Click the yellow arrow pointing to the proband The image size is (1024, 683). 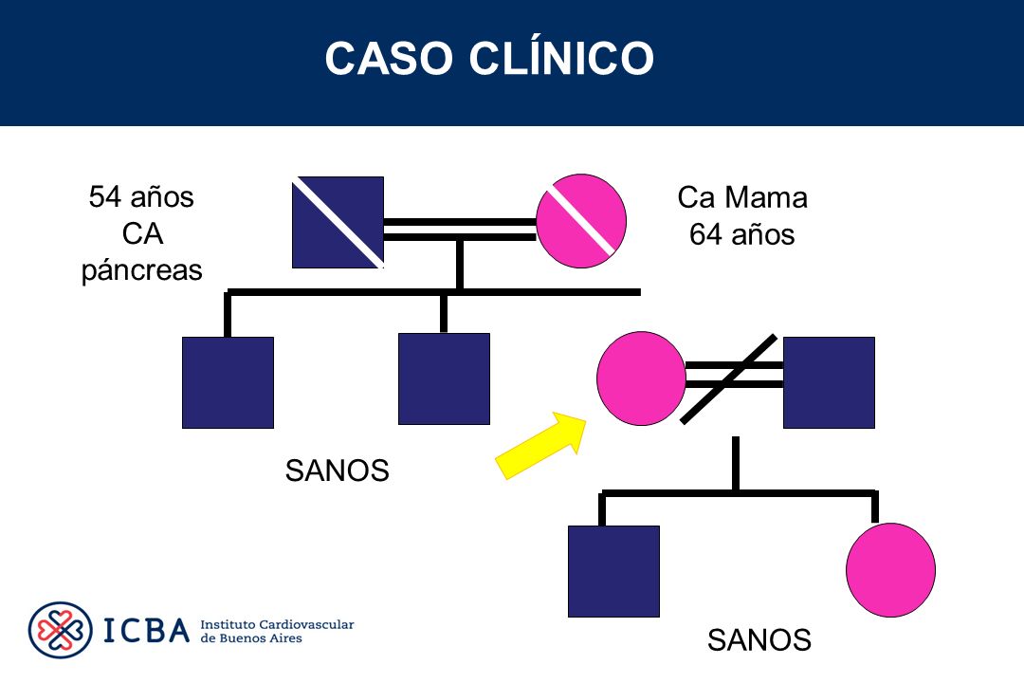[x=541, y=445]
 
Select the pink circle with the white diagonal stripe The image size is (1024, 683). [x=581, y=221]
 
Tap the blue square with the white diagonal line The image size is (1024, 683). [x=338, y=222]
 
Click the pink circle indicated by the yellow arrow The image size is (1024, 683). [x=641, y=378]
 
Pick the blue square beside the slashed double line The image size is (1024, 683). [x=829, y=382]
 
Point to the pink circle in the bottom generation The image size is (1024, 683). [x=890, y=570]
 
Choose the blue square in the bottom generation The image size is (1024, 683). [x=613, y=571]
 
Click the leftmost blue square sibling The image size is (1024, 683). [x=228, y=382]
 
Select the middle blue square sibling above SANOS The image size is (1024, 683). [x=444, y=379]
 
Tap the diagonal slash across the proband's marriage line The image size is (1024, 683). [x=729, y=379]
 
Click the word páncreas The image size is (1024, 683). [x=141, y=270]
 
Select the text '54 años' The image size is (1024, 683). [x=141, y=196]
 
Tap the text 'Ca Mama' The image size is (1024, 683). [x=742, y=197]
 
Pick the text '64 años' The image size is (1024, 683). [x=741, y=234]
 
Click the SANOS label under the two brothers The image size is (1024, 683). [x=337, y=471]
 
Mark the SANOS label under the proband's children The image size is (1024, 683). [x=759, y=640]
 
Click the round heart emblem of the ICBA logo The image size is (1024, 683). [x=60, y=630]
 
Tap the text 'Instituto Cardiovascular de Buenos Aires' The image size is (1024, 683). [x=277, y=632]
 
